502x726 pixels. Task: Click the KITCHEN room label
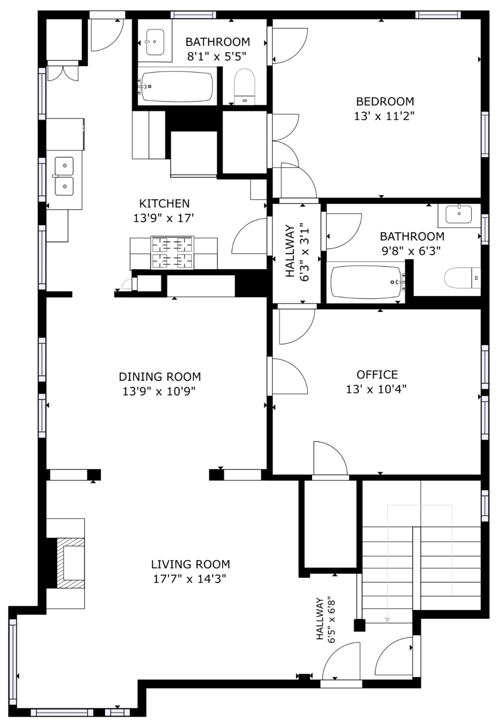(x=164, y=204)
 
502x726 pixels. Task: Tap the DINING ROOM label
(x=160, y=377)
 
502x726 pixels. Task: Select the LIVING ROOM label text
(x=191, y=564)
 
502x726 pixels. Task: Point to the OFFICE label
(x=377, y=374)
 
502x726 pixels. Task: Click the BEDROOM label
(x=385, y=101)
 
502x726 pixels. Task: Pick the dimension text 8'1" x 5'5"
(x=216, y=57)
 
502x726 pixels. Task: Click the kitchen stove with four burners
(x=172, y=253)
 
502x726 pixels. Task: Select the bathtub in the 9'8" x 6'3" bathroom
(x=367, y=282)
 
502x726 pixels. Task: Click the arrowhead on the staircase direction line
(x=388, y=620)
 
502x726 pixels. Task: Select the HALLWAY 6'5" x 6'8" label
(x=326, y=620)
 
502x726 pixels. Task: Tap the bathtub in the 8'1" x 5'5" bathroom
(x=177, y=87)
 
